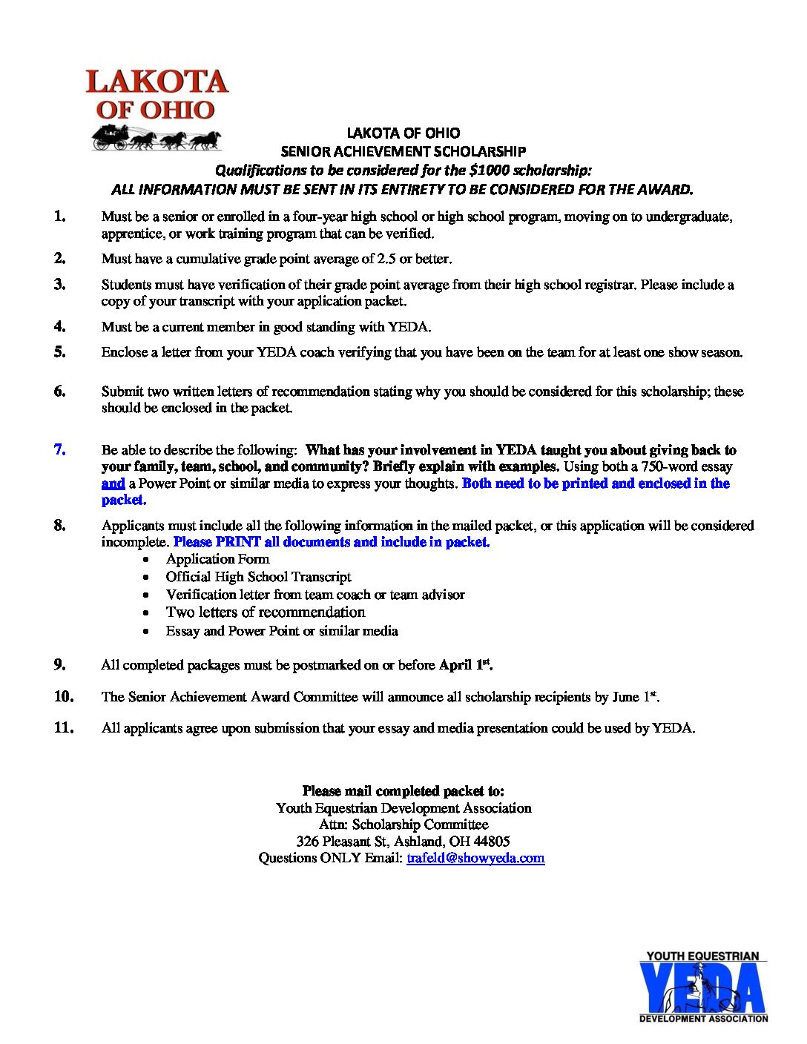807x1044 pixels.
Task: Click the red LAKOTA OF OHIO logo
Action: pos(157,94)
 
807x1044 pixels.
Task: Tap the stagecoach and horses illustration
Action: pos(156,138)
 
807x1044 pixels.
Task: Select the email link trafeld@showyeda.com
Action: pos(475,858)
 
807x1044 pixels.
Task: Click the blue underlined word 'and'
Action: pos(113,483)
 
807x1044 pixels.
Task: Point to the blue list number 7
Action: pos(59,449)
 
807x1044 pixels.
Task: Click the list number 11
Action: pos(64,727)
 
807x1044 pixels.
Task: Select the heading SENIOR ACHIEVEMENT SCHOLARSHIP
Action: pos(403,151)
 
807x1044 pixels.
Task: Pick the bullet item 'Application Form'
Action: pos(217,559)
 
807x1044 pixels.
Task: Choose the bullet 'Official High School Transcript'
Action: pos(258,577)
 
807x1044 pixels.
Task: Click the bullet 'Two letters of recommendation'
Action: pos(265,612)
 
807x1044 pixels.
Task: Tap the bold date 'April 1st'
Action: pos(465,665)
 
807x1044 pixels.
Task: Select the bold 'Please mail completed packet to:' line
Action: pos(403,791)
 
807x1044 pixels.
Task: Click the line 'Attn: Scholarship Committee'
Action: pos(403,825)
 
